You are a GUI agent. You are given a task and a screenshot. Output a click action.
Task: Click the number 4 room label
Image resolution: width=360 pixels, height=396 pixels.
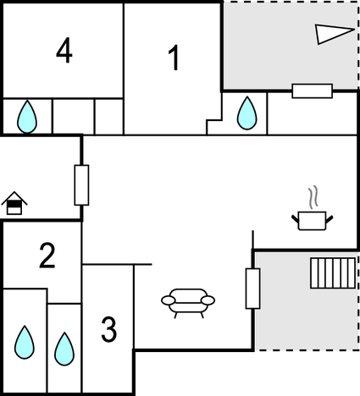(64, 51)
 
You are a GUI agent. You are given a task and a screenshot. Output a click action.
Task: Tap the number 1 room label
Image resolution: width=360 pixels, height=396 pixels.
(174, 58)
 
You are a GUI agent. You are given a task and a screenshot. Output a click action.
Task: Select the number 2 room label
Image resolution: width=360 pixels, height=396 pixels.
(47, 255)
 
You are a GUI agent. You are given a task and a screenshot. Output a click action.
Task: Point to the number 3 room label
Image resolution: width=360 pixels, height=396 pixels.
(109, 329)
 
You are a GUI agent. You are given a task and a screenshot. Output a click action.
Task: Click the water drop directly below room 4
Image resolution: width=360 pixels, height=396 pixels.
(27, 117)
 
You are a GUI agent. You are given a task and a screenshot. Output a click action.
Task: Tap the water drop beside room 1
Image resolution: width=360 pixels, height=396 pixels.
(247, 113)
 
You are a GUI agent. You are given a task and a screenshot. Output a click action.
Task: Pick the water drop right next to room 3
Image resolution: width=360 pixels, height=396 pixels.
(64, 349)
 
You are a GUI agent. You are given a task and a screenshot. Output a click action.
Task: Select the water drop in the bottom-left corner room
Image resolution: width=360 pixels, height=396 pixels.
(25, 342)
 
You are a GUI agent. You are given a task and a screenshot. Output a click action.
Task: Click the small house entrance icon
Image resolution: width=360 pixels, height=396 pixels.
(14, 203)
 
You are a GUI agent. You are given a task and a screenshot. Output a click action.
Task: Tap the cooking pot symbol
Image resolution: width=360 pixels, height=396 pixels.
(313, 221)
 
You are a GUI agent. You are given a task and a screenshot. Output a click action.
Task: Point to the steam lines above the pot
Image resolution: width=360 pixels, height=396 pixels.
(313, 197)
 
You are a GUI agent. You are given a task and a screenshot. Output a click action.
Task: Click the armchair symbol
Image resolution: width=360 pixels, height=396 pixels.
(188, 304)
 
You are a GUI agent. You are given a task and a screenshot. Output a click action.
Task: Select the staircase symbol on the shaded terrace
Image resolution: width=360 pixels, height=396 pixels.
(333, 273)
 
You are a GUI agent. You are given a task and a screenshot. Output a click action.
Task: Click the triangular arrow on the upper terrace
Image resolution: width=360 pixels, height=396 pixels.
(335, 35)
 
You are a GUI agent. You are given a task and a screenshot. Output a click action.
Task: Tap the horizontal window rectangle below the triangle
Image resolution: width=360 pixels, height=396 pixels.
(313, 91)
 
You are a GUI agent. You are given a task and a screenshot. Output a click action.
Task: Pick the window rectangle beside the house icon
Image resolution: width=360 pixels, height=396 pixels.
(81, 185)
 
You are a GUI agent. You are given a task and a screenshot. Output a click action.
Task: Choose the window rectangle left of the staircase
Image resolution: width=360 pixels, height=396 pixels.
(253, 289)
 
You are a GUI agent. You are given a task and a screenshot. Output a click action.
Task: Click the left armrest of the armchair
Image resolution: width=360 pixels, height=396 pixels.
(169, 300)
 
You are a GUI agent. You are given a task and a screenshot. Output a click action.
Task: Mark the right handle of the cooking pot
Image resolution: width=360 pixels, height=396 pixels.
(330, 218)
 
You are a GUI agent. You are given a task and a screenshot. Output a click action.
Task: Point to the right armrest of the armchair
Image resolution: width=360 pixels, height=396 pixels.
(208, 300)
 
